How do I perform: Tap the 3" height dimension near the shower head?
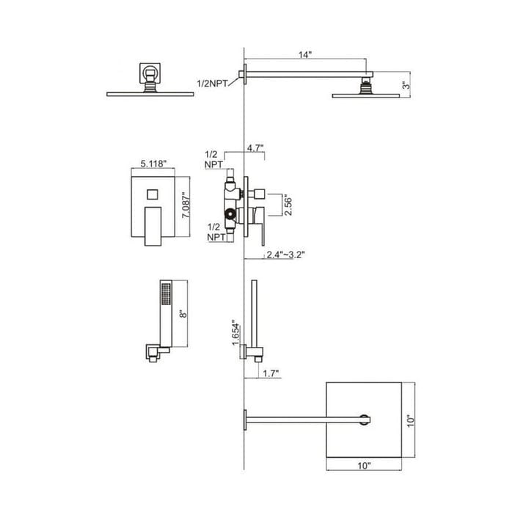(405, 84)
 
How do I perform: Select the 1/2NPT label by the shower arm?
(213, 85)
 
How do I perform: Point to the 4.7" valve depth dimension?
(255, 147)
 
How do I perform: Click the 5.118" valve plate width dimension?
(152, 164)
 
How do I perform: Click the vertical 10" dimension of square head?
(413, 420)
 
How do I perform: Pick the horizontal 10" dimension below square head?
(365, 464)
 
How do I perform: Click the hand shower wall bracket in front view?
(155, 353)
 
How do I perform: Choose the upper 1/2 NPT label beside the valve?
(213, 159)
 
